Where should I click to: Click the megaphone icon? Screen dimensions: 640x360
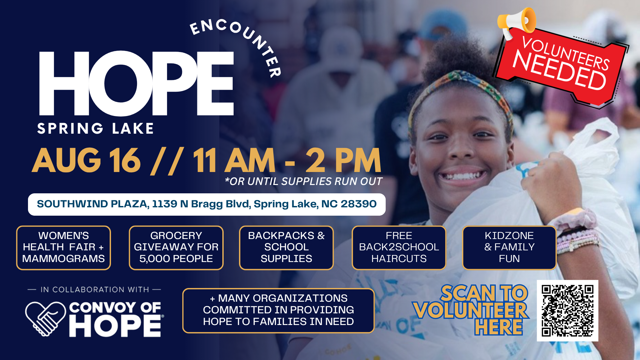click(516, 22)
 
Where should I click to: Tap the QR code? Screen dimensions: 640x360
click(567, 311)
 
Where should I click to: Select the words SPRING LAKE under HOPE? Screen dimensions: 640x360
click(95, 129)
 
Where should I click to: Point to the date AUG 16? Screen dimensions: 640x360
click(86, 161)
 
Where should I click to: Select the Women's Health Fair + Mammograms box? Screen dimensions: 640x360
click(63, 248)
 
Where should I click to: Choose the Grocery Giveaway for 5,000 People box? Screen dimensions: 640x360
click(176, 248)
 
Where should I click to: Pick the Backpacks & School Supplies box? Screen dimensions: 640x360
click(286, 248)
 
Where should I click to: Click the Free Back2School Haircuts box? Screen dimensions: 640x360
click(399, 248)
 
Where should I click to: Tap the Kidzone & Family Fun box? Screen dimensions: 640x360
click(509, 248)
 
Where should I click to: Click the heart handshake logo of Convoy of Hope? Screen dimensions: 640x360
click(45, 318)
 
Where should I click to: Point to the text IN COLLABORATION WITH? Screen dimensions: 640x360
click(95, 290)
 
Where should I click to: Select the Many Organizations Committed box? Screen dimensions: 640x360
click(278, 310)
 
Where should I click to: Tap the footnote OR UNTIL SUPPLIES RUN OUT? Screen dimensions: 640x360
click(303, 181)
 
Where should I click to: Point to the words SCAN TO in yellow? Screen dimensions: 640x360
click(484, 293)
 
